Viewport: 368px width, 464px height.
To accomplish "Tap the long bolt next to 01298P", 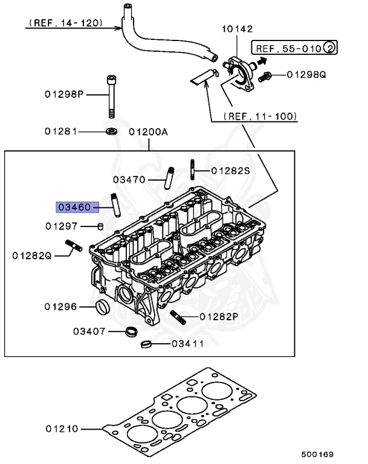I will coord(111,97).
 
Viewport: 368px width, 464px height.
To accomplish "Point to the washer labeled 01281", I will coord(111,131).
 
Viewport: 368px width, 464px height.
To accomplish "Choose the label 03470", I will coord(128,179).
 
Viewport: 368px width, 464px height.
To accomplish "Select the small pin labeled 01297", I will coord(101,226).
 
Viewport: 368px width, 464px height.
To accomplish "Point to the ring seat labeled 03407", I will coord(131,332).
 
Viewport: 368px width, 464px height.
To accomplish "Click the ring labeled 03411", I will coord(146,345).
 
